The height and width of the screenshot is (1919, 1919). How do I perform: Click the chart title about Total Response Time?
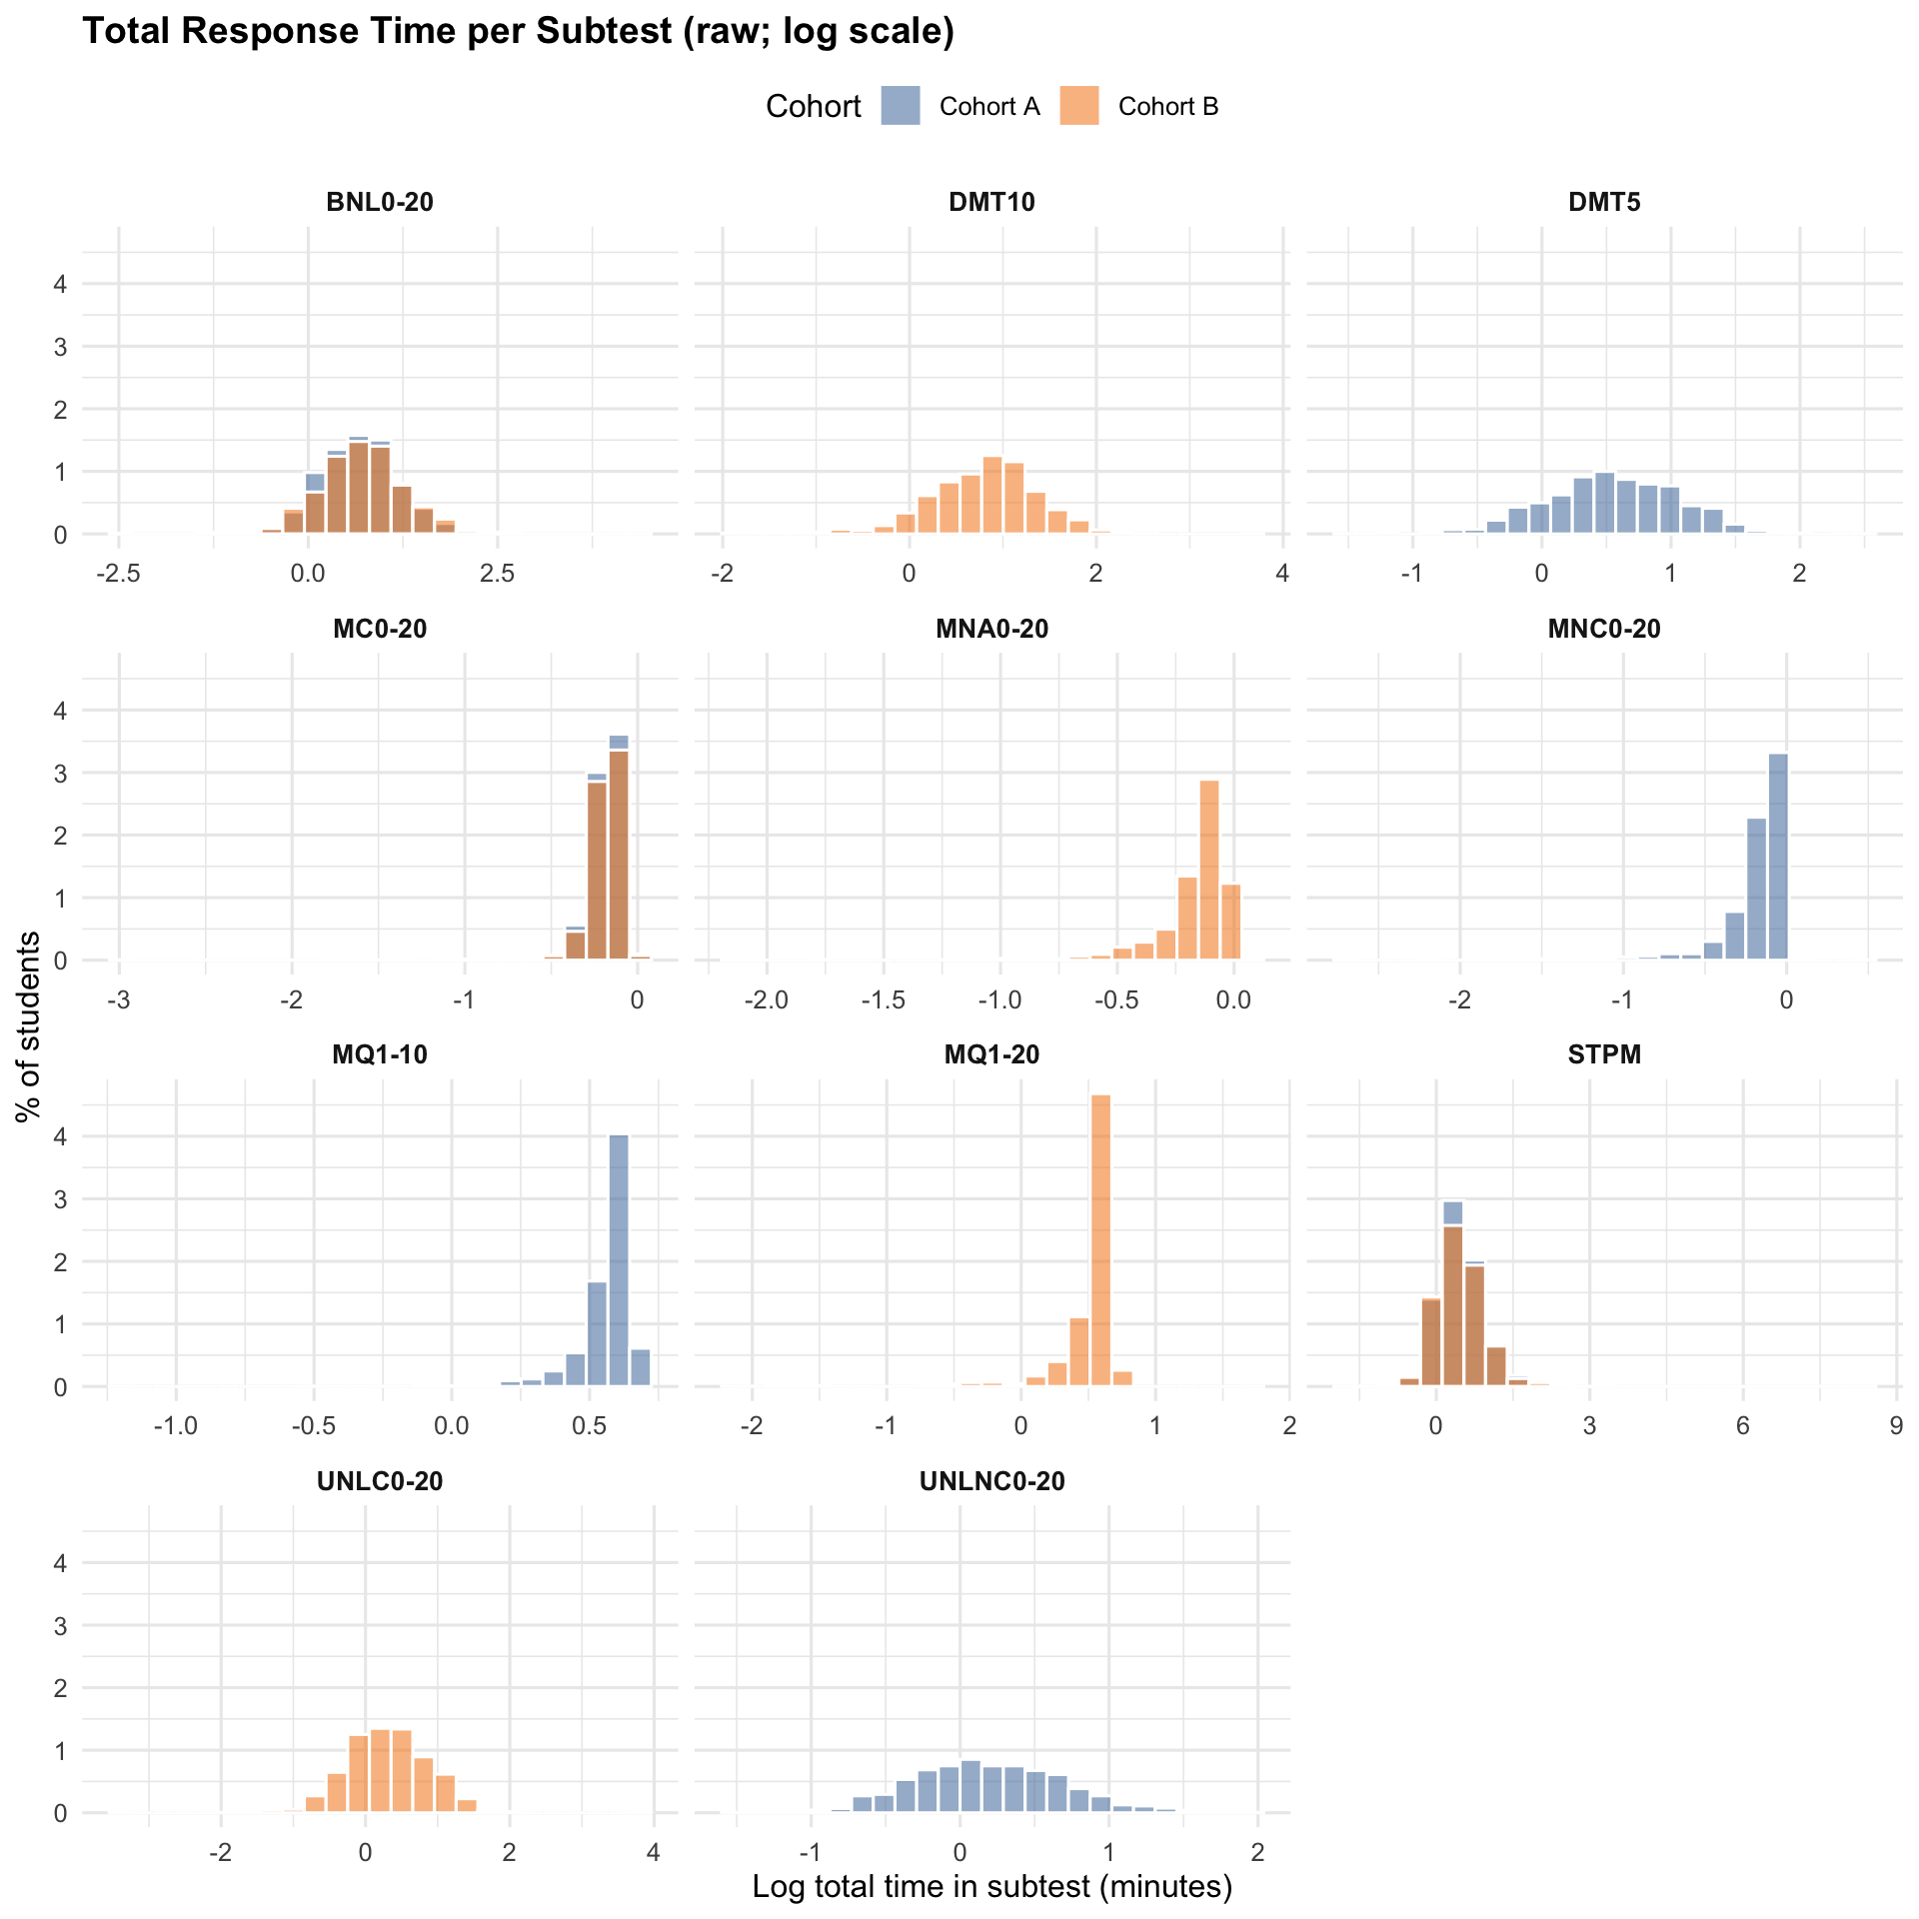tap(518, 32)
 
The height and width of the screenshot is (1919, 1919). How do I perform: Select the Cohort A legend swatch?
tap(900, 106)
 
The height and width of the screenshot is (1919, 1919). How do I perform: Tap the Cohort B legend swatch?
tap(1078, 106)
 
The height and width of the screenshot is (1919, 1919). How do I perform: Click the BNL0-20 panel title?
tap(380, 202)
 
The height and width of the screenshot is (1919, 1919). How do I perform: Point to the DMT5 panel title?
tap(1604, 202)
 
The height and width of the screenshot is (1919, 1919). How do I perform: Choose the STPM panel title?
tap(1604, 1054)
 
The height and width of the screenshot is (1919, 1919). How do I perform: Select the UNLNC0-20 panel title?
tap(991, 1481)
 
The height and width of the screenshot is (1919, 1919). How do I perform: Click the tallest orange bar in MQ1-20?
tap(1100, 1239)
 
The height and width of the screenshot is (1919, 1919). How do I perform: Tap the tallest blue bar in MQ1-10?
tap(619, 1259)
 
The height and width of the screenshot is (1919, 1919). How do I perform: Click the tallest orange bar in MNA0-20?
tap(1209, 870)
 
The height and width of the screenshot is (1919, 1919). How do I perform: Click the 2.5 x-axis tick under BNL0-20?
tap(497, 574)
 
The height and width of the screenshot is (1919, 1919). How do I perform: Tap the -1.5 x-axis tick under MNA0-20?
tap(884, 1000)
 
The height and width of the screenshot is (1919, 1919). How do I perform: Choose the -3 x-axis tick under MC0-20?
tap(119, 1000)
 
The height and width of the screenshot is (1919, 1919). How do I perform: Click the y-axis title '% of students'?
tap(30, 1026)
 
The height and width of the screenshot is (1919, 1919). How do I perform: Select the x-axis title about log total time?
tap(991, 1886)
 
